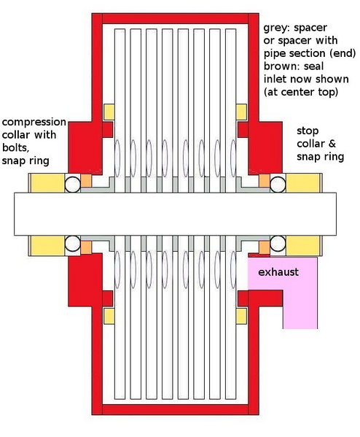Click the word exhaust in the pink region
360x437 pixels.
point(278,272)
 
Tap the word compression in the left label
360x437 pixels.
point(34,123)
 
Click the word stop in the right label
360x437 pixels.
point(308,131)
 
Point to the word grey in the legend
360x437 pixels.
point(277,28)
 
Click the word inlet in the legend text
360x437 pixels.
point(275,79)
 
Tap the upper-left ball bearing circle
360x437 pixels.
point(73,184)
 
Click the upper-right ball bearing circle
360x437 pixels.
point(278,184)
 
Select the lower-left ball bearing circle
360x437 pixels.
point(73,243)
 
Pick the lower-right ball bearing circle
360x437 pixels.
point(278,243)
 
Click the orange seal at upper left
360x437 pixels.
point(86,181)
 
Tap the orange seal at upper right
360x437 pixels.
point(265,181)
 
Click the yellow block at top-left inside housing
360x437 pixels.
point(109,112)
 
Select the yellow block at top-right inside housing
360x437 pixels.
point(241,112)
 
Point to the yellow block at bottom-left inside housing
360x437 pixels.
point(109,316)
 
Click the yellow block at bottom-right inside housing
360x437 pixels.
point(241,316)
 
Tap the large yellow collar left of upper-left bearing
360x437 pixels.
point(47,183)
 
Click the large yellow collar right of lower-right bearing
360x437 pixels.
point(303,245)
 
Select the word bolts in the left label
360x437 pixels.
point(15,147)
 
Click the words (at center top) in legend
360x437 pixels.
point(301,92)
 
